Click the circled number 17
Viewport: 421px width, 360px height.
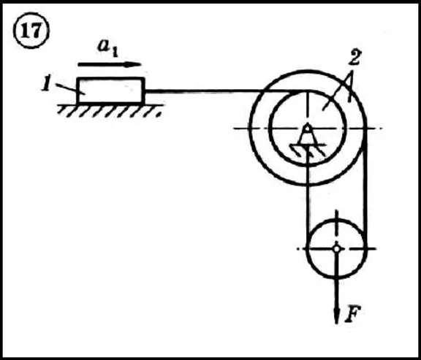31,31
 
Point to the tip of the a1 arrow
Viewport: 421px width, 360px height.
141,64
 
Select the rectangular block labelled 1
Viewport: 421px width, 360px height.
110,91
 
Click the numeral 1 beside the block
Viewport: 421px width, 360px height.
46,85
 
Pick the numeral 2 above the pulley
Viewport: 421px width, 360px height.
354,57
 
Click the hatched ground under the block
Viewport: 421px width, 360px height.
110,110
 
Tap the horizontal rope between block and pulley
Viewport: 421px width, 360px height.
220,92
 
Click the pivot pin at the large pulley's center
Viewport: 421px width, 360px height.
308,129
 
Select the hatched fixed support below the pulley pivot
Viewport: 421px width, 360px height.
308,150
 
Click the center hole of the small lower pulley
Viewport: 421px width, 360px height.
336,249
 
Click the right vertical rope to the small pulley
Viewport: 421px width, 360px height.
365,188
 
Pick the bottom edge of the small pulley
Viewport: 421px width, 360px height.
336,277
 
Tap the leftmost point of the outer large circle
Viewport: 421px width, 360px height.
250,129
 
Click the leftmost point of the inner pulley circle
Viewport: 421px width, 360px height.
270,129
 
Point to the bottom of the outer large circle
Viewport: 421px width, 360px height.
308,185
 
